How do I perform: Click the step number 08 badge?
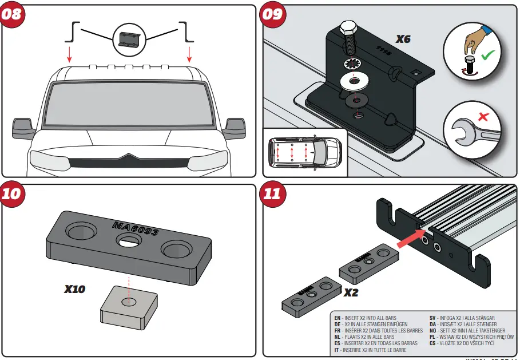[x=12, y=14]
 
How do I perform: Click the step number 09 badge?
[x=273, y=14]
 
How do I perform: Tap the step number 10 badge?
[x=12, y=193]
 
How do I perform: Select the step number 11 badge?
[x=273, y=193]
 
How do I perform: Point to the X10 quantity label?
[x=74, y=290]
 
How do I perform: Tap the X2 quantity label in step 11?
[x=351, y=292]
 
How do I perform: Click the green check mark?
[x=487, y=56]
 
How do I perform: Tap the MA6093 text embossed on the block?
[x=136, y=231]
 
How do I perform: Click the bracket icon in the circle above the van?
[x=130, y=39]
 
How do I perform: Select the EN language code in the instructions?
[x=338, y=318]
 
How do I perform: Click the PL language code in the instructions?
[x=433, y=337]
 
